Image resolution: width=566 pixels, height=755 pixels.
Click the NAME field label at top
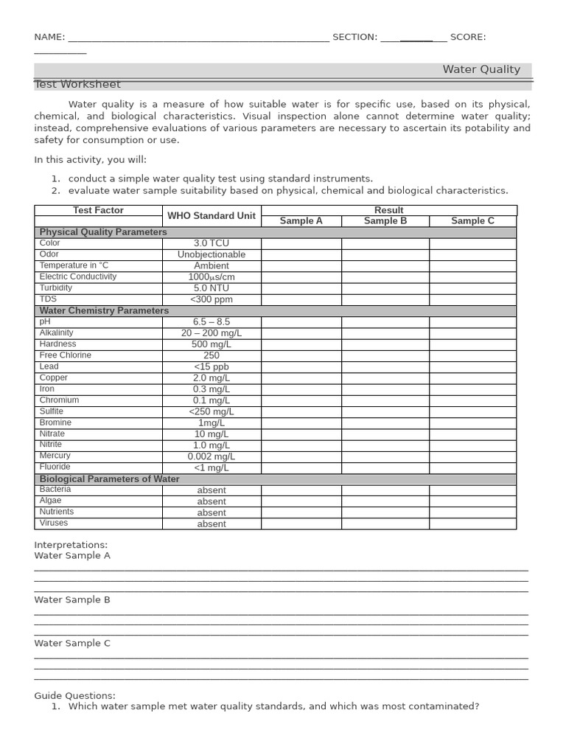(x=49, y=38)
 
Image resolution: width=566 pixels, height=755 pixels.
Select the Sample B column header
(x=385, y=221)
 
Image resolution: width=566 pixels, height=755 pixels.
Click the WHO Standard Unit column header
(x=212, y=216)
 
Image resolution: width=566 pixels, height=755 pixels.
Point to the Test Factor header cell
(x=98, y=211)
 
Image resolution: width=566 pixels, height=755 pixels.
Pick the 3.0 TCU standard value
(x=212, y=243)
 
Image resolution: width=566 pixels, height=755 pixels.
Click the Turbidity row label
(x=56, y=288)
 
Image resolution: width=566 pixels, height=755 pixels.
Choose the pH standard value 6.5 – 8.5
(x=212, y=322)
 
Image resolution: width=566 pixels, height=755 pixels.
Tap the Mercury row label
(x=55, y=456)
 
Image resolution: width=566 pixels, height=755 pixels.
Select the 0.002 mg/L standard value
(x=212, y=457)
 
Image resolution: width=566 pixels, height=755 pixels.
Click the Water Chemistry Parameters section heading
(x=104, y=311)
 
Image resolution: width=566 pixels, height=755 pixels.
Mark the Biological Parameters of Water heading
(x=109, y=479)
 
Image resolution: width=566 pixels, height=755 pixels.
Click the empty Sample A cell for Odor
(x=301, y=254)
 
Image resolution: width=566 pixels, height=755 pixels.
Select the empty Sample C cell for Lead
(x=472, y=366)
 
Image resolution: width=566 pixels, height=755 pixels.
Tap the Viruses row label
(x=54, y=523)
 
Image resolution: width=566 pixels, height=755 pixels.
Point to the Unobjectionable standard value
(x=212, y=254)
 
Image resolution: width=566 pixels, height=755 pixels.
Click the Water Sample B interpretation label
(x=72, y=600)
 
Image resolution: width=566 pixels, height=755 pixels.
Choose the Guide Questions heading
(x=75, y=696)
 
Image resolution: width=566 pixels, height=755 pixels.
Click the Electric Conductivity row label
(x=78, y=277)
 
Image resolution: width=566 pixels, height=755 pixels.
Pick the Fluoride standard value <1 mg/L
(x=212, y=468)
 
